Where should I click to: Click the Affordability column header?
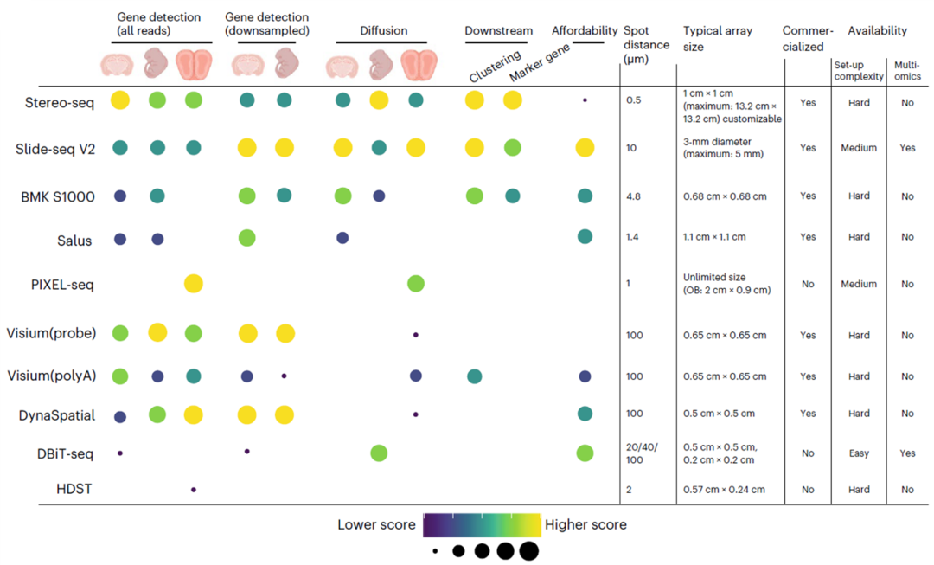point(585,30)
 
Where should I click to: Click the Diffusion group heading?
point(383,30)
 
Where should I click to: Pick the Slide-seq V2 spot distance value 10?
point(631,148)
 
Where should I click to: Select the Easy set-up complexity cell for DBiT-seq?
point(858,453)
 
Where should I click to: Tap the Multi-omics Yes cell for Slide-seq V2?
point(906,148)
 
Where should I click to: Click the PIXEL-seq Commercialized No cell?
point(807,284)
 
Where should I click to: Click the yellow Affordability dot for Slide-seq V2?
point(585,148)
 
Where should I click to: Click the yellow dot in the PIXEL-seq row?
point(193,283)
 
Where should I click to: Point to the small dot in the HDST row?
point(194,490)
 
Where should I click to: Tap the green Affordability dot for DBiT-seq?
point(585,453)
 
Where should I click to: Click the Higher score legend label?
point(585,524)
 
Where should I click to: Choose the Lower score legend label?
point(377,524)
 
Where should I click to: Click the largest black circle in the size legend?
point(529,550)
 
